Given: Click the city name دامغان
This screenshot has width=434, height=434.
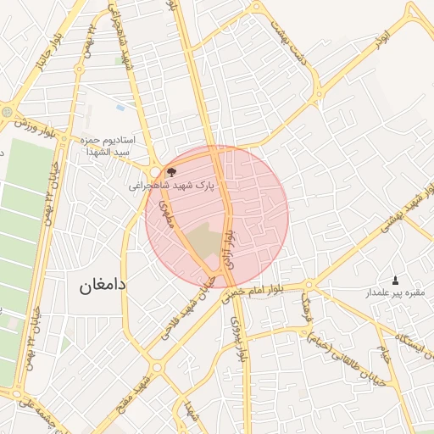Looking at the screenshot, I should [103, 285].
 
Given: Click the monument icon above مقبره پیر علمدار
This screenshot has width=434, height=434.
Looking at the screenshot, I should [395, 280].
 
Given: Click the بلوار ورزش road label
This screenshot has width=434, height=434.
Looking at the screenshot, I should [39, 125].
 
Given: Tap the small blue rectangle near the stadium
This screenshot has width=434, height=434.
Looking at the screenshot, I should [120, 108].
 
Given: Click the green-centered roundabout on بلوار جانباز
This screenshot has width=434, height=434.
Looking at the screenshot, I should [8, 111].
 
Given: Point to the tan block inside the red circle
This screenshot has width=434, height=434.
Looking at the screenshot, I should [203, 242].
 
